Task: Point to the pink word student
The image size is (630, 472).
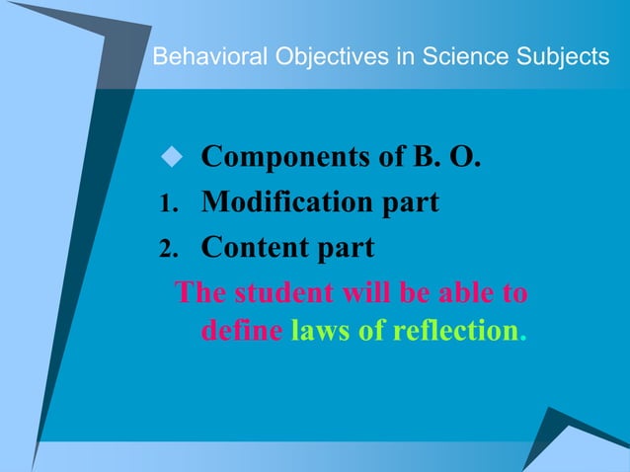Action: click(x=274, y=293)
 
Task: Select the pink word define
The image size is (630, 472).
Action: click(x=241, y=329)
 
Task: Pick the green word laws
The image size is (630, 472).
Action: click(x=320, y=329)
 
